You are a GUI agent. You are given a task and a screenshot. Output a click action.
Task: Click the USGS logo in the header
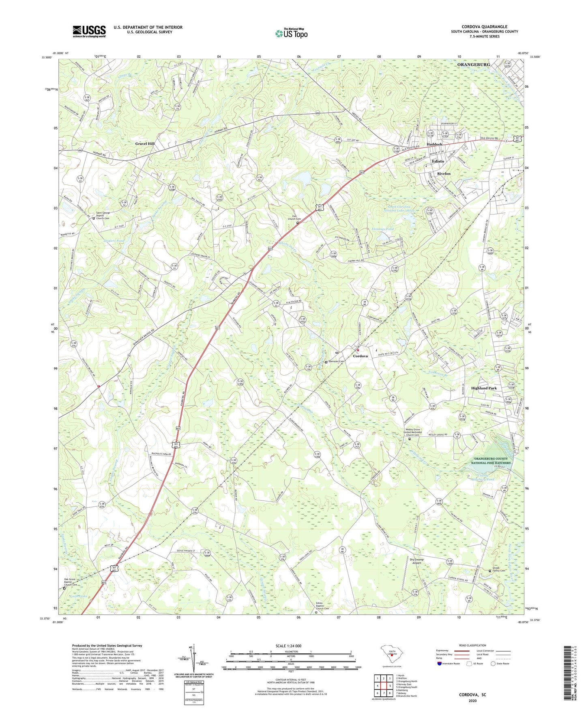tap(89, 31)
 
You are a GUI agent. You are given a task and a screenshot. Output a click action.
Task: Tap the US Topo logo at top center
tap(291, 33)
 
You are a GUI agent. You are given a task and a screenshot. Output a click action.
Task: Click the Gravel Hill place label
tap(145, 144)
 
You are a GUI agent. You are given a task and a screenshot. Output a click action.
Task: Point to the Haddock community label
tap(434, 145)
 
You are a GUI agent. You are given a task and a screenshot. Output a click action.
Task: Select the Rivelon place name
tap(444, 173)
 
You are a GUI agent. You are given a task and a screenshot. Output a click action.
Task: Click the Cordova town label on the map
tap(360, 356)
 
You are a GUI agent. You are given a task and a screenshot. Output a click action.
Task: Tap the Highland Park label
tap(484, 388)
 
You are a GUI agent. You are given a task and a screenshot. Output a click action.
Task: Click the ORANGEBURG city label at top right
tap(473, 65)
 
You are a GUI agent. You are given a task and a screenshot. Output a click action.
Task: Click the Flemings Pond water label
tap(382, 229)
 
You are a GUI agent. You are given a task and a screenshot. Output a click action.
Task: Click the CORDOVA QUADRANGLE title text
tap(484, 27)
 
